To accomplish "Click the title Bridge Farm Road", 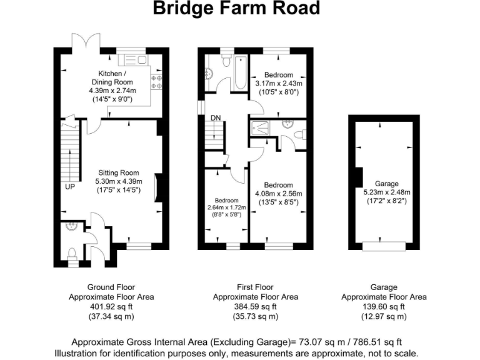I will pyautogui.click(x=237, y=9).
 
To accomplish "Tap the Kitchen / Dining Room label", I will pyautogui.click(x=112, y=77).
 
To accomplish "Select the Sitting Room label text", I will pyautogui.click(x=118, y=172).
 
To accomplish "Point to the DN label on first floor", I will pyautogui.click(x=215, y=117).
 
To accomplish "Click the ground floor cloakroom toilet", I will pyautogui.click(x=71, y=254).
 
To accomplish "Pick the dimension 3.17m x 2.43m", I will pyautogui.click(x=279, y=84).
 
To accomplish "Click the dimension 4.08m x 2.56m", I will pyautogui.click(x=279, y=194).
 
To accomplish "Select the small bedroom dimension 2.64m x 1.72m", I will pyautogui.click(x=227, y=207).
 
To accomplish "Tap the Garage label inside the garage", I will pyautogui.click(x=386, y=184).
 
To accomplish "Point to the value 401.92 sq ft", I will pyautogui.click(x=111, y=307).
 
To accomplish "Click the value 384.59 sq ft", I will pyautogui.click(x=256, y=307).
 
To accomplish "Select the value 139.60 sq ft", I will pyautogui.click(x=384, y=307).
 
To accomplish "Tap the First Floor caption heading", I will pyautogui.click(x=256, y=287).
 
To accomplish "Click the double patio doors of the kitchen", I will pyautogui.click(x=86, y=42).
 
